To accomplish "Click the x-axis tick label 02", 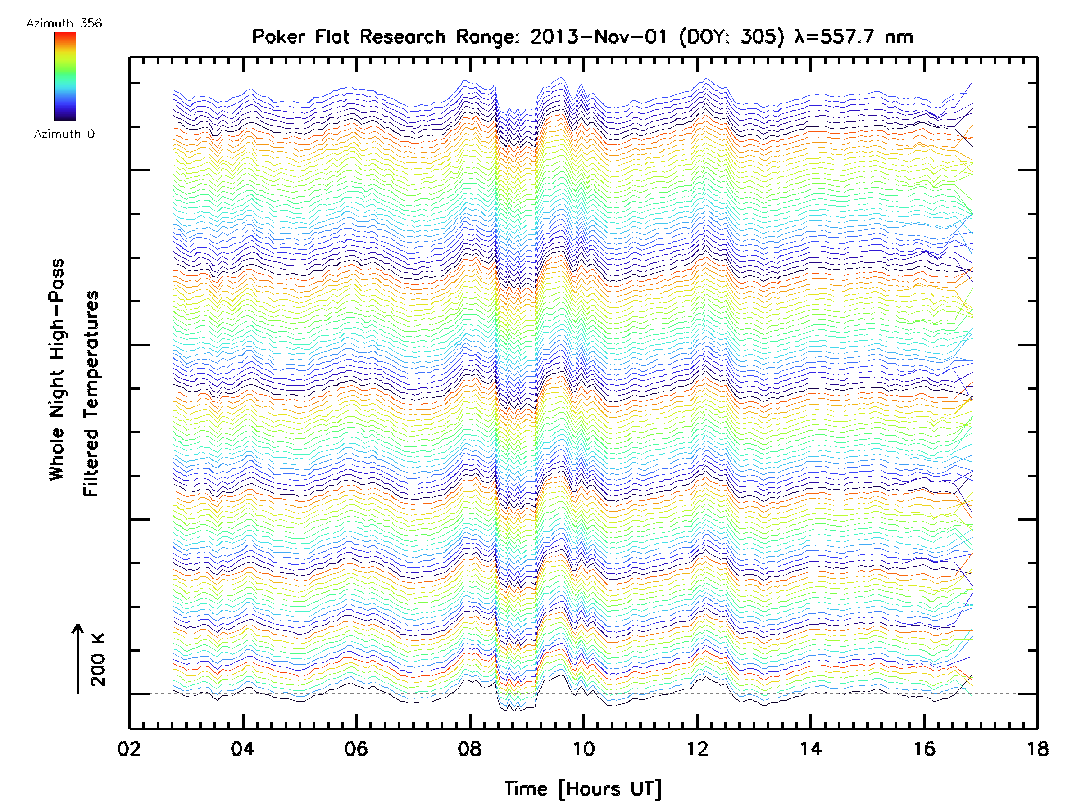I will click(129, 748).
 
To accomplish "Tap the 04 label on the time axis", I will click(242, 748).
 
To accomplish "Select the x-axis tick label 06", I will click(356, 748).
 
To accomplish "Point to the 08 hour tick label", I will click(470, 748).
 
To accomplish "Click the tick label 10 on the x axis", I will click(583, 748).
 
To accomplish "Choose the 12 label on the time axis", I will click(697, 748).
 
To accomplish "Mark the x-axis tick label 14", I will click(811, 748).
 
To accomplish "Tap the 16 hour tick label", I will click(924, 748).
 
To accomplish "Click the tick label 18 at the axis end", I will click(1037, 748).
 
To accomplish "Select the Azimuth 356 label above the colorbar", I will click(64, 23).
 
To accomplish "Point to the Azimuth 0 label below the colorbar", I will click(64, 134).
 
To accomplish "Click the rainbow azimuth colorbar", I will click(65, 76).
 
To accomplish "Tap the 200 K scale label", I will click(98, 660).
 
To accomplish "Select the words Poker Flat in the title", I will click(300, 36).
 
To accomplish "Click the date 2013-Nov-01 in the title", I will click(599, 36).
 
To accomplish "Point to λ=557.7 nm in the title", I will click(854, 36).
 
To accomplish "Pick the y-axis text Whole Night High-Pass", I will click(57, 369).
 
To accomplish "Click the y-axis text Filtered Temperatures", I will click(91, 394).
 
